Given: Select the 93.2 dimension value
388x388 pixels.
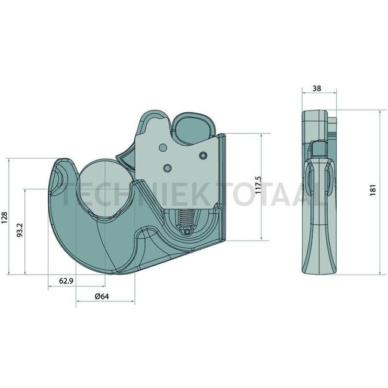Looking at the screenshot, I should (x=20, y=230).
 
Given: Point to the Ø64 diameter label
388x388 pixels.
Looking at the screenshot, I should (x=103, y=297).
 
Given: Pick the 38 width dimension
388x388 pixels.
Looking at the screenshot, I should (x=317, y=88).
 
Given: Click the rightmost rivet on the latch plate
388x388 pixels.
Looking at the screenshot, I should (x=203, y=156).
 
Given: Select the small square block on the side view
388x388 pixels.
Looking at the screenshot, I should (x=320, y=147).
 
